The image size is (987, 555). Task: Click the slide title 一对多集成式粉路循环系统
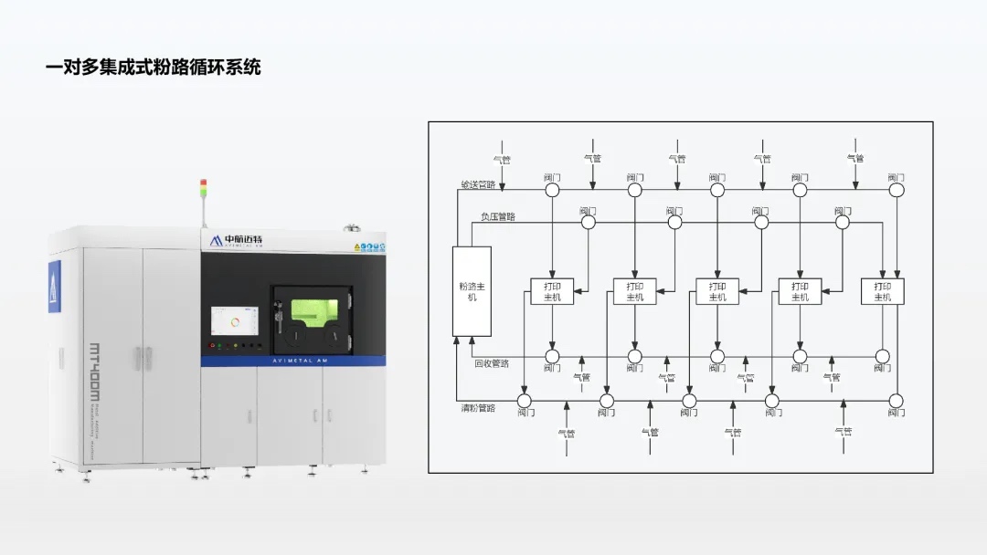pyautogui.click(x=154, y=68)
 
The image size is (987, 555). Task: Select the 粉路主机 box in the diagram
pyautogui.click(x=472, y=291)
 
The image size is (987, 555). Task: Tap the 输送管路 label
pyautogui.click(x=477, y=184)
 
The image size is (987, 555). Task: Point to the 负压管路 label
pyautogui.click(x=497, y=217)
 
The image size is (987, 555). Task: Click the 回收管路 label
pyautogui.click(x=492, y=363)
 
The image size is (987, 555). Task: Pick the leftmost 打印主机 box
pyautogui.click(x=552, y=291)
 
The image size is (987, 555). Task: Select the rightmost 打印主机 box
pyautogui.click(x=883, y=291)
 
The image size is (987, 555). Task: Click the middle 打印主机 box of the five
pyautogui.click(x=717, y=291)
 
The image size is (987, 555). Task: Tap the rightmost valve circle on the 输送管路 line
pyautogui.click(x=897, y=190)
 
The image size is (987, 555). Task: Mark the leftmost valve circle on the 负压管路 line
pyautogui.click(x=588, y=222)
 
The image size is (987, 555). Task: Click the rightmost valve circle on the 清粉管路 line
pyautogui.click(x=896, y=401)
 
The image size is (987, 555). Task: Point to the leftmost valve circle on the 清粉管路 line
pyautogui.click(x=525, y=401)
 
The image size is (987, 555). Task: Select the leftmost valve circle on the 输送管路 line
pyautogui.click(x=552, y=190)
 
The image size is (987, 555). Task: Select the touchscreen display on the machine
pyautogui.click(x=236, y=322)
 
